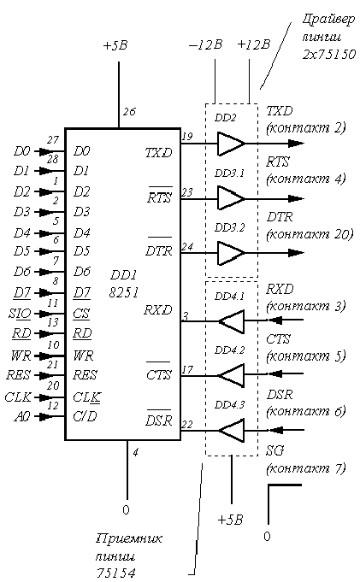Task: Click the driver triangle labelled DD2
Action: (x=230, y=144)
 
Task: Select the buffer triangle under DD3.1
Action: (x=230, y=198)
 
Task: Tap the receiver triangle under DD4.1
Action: (x=232, y=320)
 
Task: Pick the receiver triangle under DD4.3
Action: (x=232, y=430)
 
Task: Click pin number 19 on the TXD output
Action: (x=187, y=136)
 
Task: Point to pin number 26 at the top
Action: (x=129, y=111)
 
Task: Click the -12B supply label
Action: (x=205, y=45)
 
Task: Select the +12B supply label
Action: (x=254, y=44)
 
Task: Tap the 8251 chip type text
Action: (x=124, y=293)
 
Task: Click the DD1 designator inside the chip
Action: (x=124, y=275)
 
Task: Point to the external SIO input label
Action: (x=20, y=314)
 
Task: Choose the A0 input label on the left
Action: (x=22, y=417)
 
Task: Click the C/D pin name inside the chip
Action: (x=85, y=416)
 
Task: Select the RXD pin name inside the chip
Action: (x=158, y=310)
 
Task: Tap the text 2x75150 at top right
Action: (x=329, y=55)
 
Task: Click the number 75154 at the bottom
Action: (x=116, y=573)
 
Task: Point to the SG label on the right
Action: (x=275, y=450)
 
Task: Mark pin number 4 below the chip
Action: (x=136, y=452)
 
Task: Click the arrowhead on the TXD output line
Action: (x=296, y=144)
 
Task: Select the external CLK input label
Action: (x=18, y=397)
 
